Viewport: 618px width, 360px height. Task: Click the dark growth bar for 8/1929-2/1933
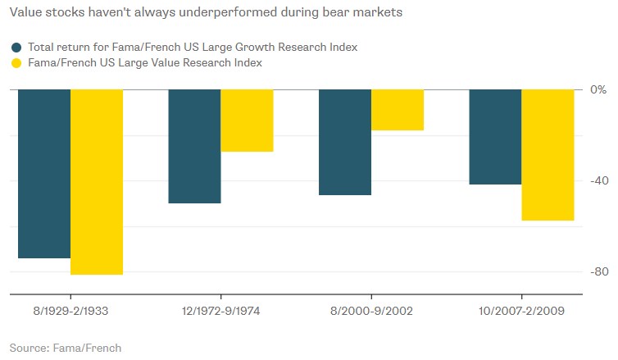click(x=44, y=174)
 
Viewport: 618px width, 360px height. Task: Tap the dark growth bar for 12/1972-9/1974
click(x=194, y=146)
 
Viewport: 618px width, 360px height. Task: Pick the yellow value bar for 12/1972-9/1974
click(x=247, y=121)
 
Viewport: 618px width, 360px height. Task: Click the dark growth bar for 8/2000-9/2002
click(x=345, y=142)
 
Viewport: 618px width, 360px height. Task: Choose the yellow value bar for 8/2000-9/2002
click(x=398, y=110)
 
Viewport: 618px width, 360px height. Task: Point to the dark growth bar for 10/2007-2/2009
click(x=495, y=137)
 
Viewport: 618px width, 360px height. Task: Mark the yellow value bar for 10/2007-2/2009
click(x=548, y=155)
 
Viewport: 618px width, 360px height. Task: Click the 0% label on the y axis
click(x=599, y=89)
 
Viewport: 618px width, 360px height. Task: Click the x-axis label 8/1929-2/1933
click(x=70, y=312)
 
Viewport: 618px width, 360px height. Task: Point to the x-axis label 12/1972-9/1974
click(x=220, y=312)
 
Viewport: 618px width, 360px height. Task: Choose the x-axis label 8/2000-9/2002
click(x=371, y=312)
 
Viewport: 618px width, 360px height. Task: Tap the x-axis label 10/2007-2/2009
click(x=521, y=312)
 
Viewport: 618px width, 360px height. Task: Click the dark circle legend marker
click(x=16, y=47)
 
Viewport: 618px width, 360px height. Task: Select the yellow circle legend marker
click(x=16, y=63)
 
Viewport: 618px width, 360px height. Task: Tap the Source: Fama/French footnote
click(x=65, y=348)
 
